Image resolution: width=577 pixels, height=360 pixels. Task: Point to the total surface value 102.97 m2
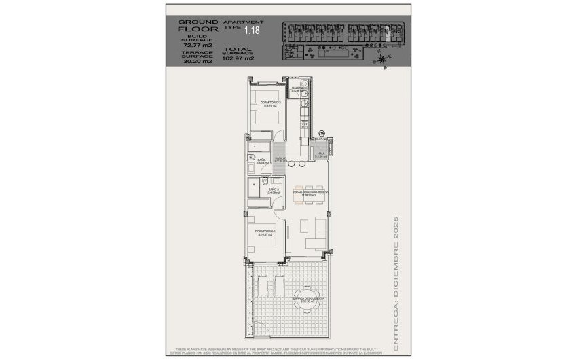click(x=240, y=58)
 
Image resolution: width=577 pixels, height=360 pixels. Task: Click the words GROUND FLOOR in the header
click(x=198, y=26)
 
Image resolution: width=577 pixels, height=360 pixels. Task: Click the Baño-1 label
click(x=263, y=162)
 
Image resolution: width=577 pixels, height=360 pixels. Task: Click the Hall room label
click(x=320, y=155)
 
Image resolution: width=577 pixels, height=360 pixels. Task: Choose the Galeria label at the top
click(x=297, y=89)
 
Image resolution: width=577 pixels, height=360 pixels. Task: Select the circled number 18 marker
click(x=322, y=134)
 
